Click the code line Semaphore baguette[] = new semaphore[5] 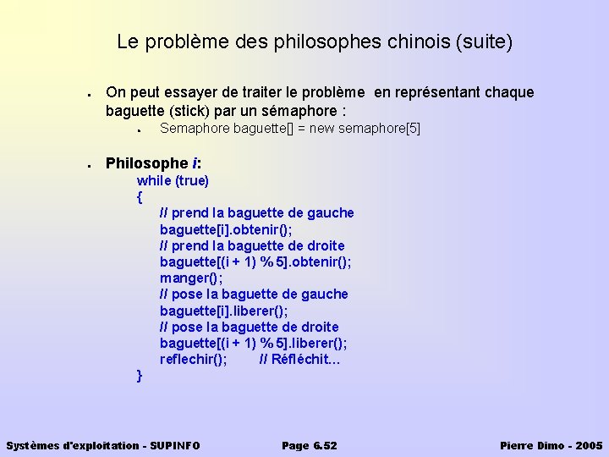point(289,129)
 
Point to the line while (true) point(173,180)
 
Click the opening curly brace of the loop point(140,197)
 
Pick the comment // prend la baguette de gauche point(256,213)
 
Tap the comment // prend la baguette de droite point(252,245)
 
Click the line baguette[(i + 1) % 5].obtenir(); point(255,262)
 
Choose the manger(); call point(191,278)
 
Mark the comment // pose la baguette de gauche point(254,295)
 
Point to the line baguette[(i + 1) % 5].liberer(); point(253,343)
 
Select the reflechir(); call point(193,359)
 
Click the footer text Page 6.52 point(309,445)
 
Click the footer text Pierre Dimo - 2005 point(551,445)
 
